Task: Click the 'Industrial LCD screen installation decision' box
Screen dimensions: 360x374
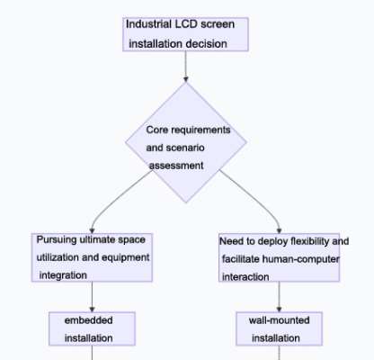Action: [185, 33]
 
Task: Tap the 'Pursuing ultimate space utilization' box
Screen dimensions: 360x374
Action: [92, 257]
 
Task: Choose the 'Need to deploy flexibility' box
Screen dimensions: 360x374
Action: [283, 259]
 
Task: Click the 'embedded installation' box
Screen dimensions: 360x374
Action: [92, 328]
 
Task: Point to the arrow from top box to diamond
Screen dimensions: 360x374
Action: [185, 67]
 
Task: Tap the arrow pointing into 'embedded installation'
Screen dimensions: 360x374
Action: [92, 297]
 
